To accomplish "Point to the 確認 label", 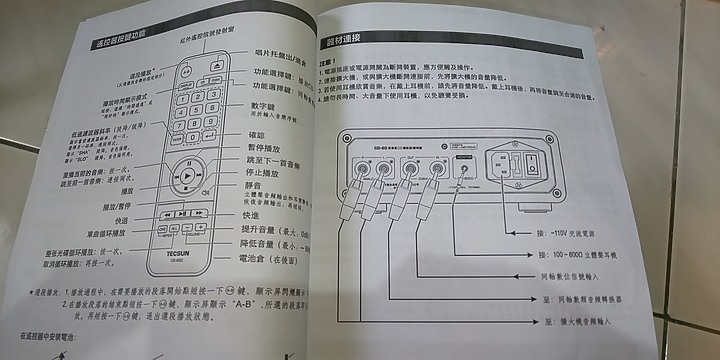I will point(255,135).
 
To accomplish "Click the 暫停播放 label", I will point(263,148).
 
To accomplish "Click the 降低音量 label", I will point(264,243).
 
